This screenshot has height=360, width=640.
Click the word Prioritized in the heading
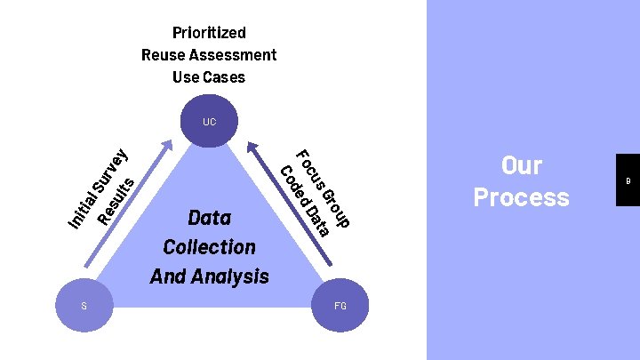209,33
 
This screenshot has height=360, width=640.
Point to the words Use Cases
209,77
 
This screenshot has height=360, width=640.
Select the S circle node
84,306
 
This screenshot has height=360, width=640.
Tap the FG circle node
340,306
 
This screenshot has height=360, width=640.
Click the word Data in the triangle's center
210,218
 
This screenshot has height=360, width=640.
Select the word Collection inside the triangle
210,247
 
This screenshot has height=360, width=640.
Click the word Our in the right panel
522,165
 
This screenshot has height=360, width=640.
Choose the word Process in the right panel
522,196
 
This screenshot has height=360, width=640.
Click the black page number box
628,180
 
